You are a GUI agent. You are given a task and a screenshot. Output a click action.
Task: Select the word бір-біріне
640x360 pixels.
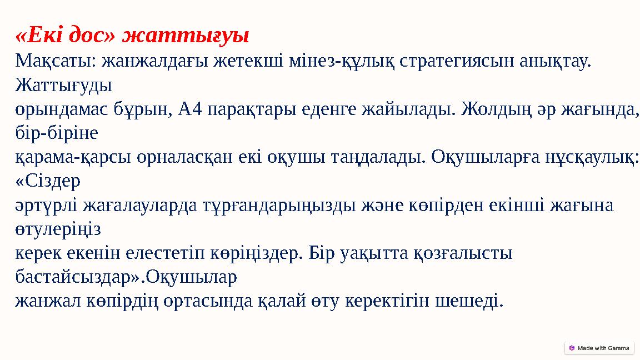pyautogui.click(x=57, y=133)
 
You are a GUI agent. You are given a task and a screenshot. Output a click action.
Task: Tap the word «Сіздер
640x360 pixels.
pyautogui.click(x=48, y=181)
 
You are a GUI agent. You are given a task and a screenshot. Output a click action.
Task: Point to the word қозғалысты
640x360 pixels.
pyautogui.click(x=463, y=253)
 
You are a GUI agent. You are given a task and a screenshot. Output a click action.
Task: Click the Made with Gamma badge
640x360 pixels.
pyautogui.click(x=599, y=348)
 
